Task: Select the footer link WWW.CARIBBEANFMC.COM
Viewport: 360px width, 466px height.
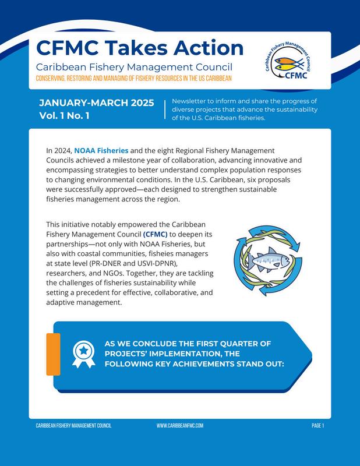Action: coord(180,426)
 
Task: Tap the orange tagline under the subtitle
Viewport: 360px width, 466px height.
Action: coord(134,78)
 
